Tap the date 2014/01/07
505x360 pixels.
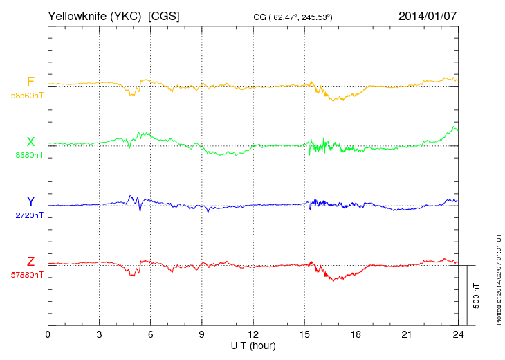tap(428, 15)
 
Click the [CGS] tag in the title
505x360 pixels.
tap(164, 15)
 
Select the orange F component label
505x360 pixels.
tap(30, 82)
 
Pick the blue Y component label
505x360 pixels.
tap(30, 201)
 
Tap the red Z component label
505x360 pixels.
tap(30, 262)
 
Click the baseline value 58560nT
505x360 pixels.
tap(26, 96)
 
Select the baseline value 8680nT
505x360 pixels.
tap(28, 155)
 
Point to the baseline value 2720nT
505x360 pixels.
tap(28, 215)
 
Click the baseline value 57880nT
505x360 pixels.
tap(26, 275)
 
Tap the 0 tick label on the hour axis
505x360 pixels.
tap(48, 335)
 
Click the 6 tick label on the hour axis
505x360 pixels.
tap(150, 335)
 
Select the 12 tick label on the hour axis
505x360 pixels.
tap(252, 335)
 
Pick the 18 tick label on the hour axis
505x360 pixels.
tap(355, 335)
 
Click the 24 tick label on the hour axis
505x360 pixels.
tap(457, 335)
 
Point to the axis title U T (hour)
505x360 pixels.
tap(252, 345)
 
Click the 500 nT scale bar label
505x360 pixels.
tap(477, 296)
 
